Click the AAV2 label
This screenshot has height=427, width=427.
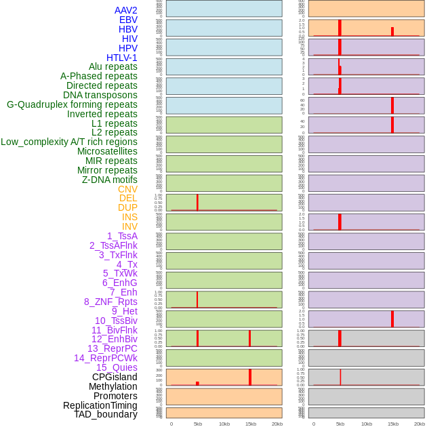click(x=125, y=10)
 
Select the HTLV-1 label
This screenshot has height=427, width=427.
click(x=121, y=58)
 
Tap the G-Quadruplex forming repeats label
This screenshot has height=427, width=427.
click(x=72, y=104)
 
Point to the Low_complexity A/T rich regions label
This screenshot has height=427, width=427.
click(x=69, y=142)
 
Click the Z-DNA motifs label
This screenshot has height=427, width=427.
click(x=109, y=180)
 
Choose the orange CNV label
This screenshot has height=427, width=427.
click(x=127, y=189)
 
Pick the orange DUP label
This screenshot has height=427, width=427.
click(x=127, y=207)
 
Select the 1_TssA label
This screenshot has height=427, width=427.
click(x=122, y=236)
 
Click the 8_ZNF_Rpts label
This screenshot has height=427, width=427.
click(x=110, y=302)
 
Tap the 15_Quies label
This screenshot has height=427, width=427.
click(x=117, y=367)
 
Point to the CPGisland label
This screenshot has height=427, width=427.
click(x=115, y=377)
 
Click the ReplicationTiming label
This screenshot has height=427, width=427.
click(x=100, y=405)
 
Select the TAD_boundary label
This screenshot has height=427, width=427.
click(x=105, y=414)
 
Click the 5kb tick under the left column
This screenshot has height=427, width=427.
click(x=198, y=424)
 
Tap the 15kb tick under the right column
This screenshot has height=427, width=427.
click(x=393, y=424)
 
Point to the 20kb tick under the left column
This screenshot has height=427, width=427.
click(x=277, y=424)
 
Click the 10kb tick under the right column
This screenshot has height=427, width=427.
click(x=366, y=424)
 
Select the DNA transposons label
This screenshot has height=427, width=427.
click(x=100, y=95)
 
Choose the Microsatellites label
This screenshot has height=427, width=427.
click(x=107, y=151)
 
